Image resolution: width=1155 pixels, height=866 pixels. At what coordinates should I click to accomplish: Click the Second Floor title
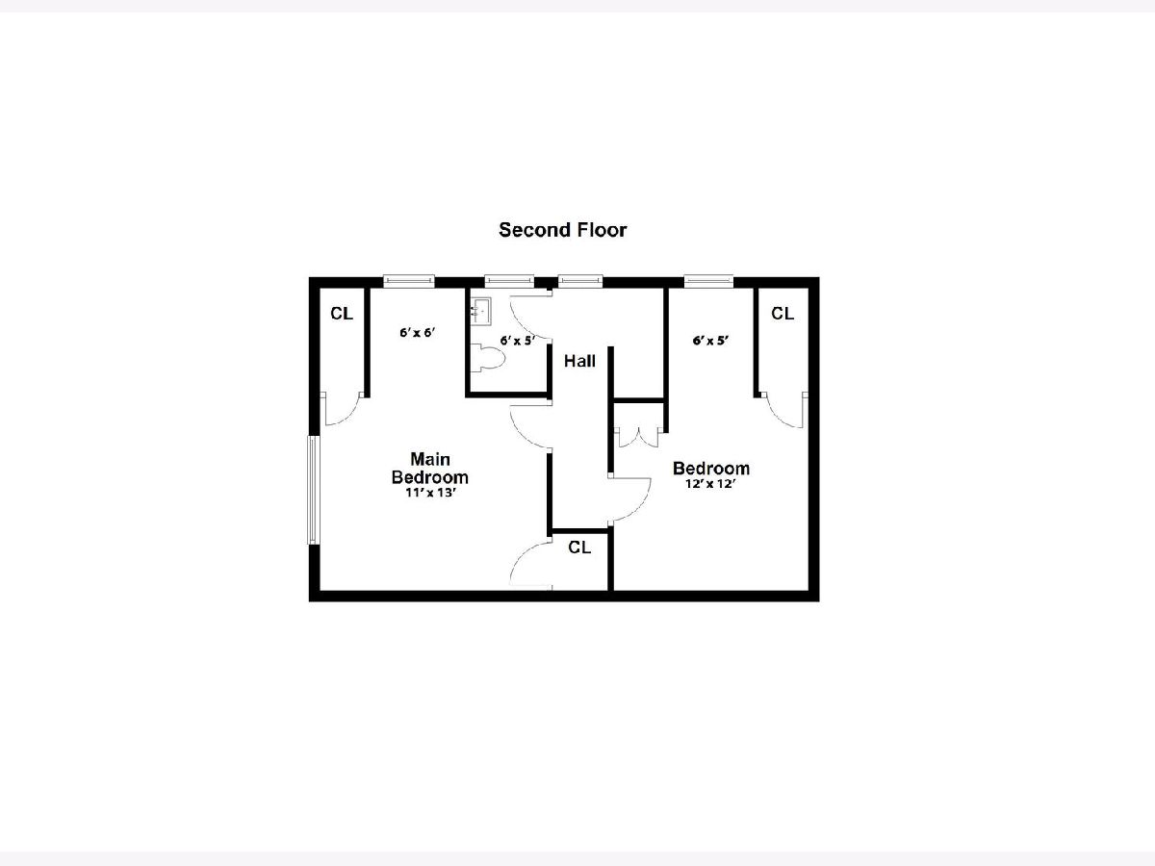(x=562, y=230)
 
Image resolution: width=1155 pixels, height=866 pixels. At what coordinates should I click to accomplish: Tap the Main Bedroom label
(x=430, y=468)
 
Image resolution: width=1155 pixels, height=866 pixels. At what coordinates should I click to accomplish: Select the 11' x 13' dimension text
(x=430, y=493)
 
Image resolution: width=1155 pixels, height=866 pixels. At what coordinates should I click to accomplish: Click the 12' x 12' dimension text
(x=710, y=484)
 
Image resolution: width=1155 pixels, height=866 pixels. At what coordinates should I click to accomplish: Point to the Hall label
(x=579, y=361)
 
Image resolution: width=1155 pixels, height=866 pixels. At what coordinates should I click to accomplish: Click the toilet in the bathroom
(x=487, y=358)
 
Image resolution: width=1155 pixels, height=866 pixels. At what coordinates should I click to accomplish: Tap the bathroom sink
(x=480, y=310)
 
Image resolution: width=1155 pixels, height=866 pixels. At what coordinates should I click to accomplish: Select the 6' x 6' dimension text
(x=418, y=332)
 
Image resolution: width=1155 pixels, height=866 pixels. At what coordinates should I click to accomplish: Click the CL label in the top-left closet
(x=342, y=314)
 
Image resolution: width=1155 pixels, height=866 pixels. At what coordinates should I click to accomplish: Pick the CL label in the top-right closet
(x=783, y=314)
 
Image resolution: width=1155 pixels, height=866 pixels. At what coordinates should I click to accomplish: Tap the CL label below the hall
(x=579, y=548)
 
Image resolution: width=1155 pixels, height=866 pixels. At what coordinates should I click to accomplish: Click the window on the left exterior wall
(x=313, y=490)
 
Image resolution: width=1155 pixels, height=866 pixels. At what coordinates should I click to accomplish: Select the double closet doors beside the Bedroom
(x=638, y=438)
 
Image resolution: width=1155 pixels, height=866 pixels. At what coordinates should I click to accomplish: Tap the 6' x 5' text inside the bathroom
(x=517, y=341)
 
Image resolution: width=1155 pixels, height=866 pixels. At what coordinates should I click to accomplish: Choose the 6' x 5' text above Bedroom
(x=710, y=341)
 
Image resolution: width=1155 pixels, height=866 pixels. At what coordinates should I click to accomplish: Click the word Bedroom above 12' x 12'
(x=711, y=468)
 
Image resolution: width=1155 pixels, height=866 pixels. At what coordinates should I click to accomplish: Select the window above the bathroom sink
(x=509, y=281)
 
